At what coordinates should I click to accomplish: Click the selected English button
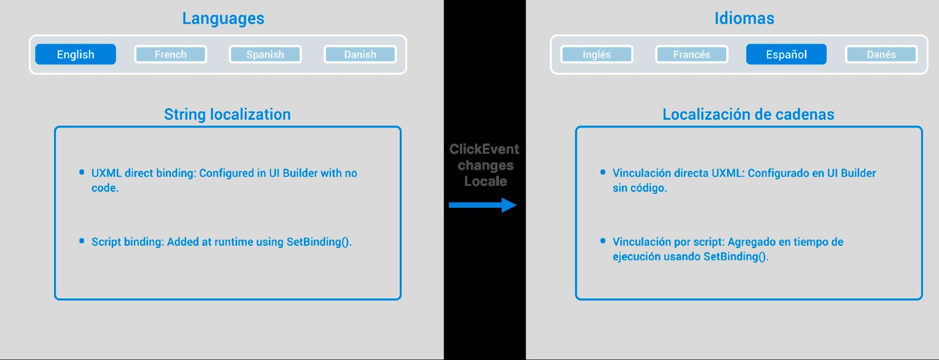click(76, 55)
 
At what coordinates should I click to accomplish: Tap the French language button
click(171, 55)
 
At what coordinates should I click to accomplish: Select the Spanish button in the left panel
click(265, 55)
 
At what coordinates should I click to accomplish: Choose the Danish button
click(360, 55)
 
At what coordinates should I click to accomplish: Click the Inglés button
click(597, 55)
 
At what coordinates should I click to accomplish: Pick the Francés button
click(691, 55)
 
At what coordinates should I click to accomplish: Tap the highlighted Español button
click(786, 55)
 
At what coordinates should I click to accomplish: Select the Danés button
click(881, 55)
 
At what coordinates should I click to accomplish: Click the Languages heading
click(223, 19)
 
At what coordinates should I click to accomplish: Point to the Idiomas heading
click(744, 18)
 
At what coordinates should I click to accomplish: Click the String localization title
click(227, 115)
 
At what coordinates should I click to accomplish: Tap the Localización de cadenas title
click(748, 115)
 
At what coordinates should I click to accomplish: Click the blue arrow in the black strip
click(482, 205)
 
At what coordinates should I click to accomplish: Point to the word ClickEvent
click(484, 149)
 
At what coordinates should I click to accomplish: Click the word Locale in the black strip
click(486, 181)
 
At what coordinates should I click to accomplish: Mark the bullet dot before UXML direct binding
click(82, 172)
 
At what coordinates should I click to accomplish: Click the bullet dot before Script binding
click(82, 241)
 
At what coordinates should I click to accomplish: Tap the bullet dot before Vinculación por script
click(603, 241)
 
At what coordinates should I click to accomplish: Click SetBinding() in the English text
click(319, 242)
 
